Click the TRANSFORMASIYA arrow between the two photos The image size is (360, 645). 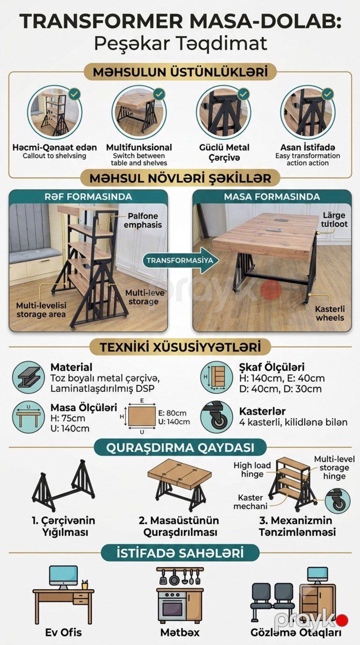pos(181,261)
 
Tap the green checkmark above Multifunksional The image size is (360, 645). pos(159,94)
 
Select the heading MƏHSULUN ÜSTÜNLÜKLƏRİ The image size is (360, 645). pos(181,72)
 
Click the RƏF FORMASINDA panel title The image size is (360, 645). pos(88,197)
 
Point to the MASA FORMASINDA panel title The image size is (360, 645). pos(272,197)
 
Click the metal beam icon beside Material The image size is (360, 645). pos(28,377)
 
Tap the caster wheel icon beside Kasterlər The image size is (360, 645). pos(217,417)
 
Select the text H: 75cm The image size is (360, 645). pos(68,418)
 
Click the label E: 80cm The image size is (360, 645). pos(172,413)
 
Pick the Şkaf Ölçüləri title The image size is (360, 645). pos(272,368)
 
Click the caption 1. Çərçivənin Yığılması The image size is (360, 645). pos(63,526)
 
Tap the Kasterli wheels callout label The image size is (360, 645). pos(330,313)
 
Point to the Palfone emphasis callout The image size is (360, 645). pos(143,220)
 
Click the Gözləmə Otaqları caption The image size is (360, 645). pos(296,633)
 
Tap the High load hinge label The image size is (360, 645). pos(252,470)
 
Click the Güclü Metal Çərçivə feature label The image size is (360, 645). pos(224,152)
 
